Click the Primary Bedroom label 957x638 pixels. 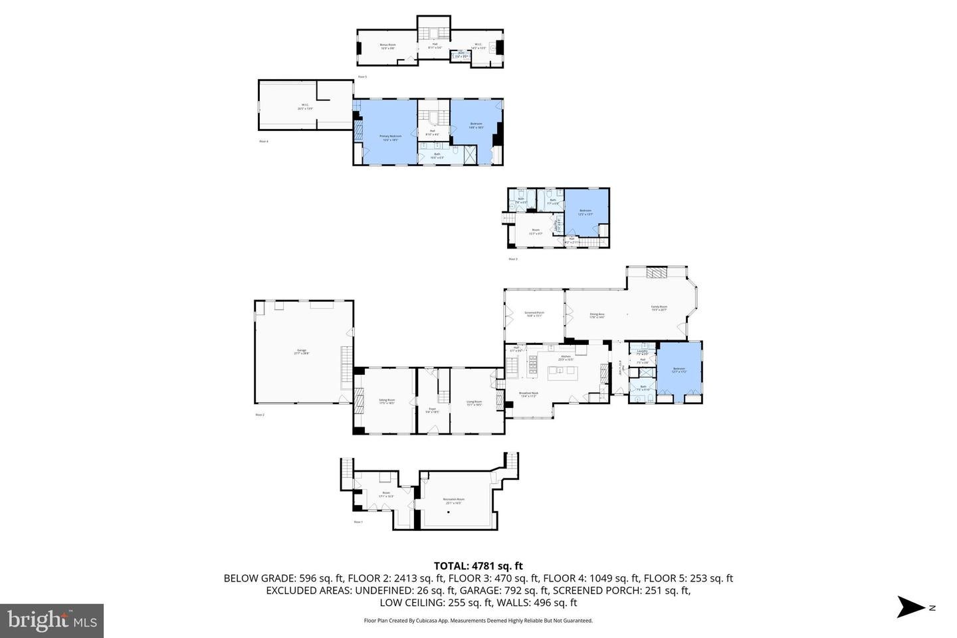[x=391, y=138]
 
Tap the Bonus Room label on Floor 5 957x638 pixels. [x=387, y=47]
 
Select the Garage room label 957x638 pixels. [x=302, y=352]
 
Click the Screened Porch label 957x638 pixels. [x=534, y=314]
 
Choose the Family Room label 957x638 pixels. [x=659, y=308]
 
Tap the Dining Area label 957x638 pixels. [x=597, y=315]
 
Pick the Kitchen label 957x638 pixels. [x=566, y=358]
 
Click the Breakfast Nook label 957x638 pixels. [x=529, y=394]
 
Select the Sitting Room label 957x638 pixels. [x=387, y=401]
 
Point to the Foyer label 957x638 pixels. [x=432, y=410]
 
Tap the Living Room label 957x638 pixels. [x=474, y=403]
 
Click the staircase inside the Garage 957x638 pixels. [x=345, y=368]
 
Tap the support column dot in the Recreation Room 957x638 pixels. [x=449, y=512]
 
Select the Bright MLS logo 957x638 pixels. [x=52, y=621]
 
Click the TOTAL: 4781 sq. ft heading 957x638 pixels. [x=478, y=566]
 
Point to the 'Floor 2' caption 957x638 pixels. [x=260, y=415]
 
